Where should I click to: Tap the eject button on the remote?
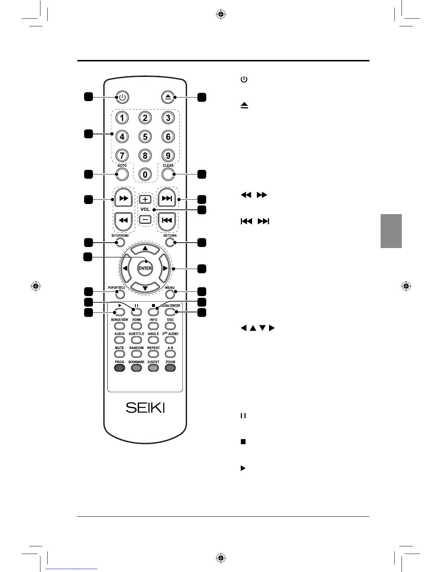tap(168, 97)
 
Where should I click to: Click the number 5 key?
tap(145, 137)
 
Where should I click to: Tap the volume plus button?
tap(145, 199)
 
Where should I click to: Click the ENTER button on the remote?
tap(145, 268)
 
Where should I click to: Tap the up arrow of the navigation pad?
tap(145, 248)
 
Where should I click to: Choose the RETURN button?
tap(170, 242)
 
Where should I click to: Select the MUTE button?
tap(120, 354)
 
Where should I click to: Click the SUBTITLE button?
tap(136, 340)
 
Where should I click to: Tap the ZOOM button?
tap(170, 368)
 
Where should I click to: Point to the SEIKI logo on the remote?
tap(145, 408)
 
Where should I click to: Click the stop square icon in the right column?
tap(243, 442)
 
